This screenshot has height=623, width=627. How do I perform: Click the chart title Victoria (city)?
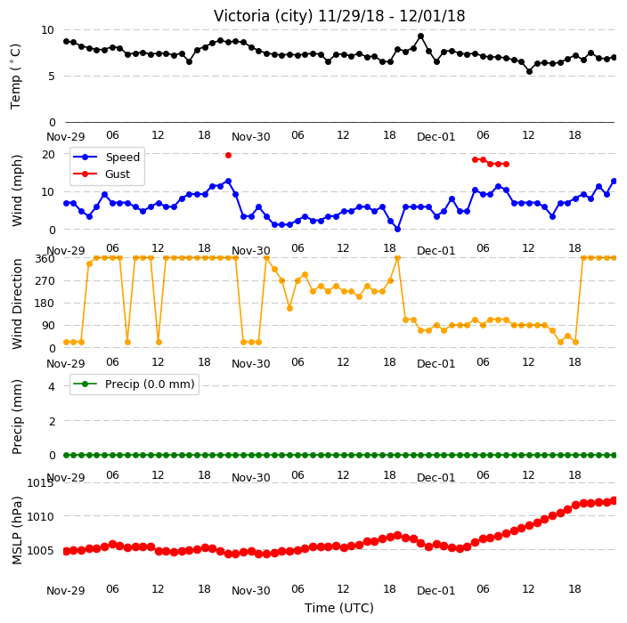264,16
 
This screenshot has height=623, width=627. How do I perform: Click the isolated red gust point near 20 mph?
228,156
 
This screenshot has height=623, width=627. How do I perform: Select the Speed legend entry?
106,157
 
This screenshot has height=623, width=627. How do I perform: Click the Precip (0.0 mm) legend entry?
134,384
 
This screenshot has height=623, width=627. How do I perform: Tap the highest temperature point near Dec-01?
420,36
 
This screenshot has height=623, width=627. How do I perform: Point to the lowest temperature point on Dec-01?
529,71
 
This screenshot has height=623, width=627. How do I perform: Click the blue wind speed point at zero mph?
397,230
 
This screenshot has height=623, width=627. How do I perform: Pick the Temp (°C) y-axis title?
15,77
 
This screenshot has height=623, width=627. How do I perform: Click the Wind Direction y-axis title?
17,304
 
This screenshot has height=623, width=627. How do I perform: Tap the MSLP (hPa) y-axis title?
17,530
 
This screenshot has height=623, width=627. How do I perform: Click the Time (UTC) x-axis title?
339,608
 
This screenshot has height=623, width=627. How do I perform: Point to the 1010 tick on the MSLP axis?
40,517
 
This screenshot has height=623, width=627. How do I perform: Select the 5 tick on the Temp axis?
51,77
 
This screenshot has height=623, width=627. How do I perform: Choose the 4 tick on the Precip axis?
52,386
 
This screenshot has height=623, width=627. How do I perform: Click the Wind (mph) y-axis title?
17,190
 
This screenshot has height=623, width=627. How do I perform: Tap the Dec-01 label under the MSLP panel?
436,591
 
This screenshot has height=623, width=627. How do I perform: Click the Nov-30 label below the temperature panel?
251,137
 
